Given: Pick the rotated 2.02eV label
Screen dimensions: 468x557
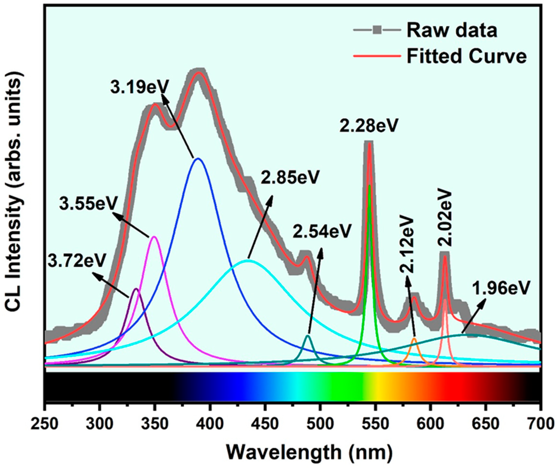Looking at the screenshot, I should (445, 218).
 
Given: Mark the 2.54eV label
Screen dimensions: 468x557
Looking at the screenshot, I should (322, 231).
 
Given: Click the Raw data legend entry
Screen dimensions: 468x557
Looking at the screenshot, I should (451, 30).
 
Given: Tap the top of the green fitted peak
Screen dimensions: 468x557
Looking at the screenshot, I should (369, 186).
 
